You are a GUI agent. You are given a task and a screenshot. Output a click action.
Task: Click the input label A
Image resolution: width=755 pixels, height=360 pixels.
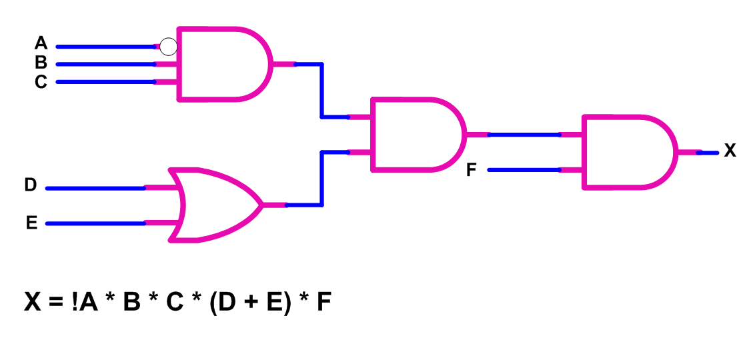click(x=41, y=44)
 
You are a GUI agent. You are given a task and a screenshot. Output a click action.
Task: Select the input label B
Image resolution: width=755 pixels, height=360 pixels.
click(x=41, y=63)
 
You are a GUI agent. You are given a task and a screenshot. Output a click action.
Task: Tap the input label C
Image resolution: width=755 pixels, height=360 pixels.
click(x=41, y=82)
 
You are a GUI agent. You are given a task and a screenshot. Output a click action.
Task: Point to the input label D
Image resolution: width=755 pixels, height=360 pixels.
click(x=31, y=185)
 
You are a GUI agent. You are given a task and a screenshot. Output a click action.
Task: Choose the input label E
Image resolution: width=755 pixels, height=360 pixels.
click(x=31, y=223)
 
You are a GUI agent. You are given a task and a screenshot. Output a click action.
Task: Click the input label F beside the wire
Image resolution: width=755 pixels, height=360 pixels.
click(x=471, y=171)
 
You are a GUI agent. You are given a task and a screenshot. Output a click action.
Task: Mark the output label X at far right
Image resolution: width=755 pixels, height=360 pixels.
click(x=730, y=151)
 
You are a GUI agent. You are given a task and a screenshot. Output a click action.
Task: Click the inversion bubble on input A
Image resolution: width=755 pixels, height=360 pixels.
click(x=169, y=47)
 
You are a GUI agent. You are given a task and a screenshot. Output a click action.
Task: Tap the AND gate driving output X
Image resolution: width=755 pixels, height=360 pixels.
click(x=627, y=152)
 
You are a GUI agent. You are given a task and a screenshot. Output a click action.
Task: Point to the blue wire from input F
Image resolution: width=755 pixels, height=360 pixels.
click(x=524, y=170)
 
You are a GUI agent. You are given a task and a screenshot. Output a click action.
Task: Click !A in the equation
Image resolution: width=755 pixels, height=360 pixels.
click(x=85, y=303)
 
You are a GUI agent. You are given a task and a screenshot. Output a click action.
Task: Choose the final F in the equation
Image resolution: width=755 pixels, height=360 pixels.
click(x=323, y=303)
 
